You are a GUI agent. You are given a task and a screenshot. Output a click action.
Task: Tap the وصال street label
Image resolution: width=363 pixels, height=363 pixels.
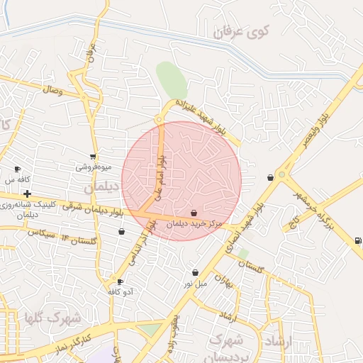[52, 90]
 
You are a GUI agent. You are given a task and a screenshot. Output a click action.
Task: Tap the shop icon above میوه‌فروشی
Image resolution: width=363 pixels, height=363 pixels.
[94, 157]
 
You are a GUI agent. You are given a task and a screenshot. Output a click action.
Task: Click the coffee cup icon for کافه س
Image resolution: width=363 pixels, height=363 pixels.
[18, 169]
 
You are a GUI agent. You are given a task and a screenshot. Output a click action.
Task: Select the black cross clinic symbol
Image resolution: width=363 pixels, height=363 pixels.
[27, 194]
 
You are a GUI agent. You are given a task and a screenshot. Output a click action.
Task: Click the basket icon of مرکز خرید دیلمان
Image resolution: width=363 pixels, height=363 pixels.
[194, 213]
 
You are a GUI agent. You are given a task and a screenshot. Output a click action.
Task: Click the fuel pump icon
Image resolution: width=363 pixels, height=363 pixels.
[357, 240]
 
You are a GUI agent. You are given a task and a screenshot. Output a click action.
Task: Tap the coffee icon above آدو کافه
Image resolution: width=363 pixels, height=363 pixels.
[120, 281]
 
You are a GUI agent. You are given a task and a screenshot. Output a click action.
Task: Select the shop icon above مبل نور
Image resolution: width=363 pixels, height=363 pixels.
[195, 273]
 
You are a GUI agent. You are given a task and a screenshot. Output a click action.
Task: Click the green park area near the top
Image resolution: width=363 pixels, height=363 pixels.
[171, 79]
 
